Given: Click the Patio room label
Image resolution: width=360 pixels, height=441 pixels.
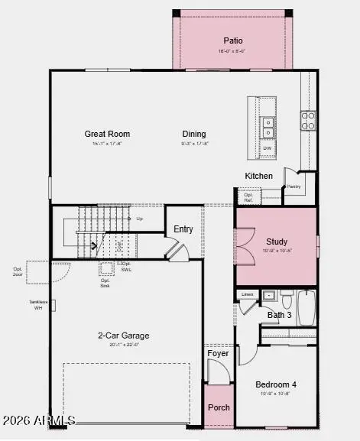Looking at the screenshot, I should pos(232,41).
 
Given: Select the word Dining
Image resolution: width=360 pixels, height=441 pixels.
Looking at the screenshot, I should pos(194,134).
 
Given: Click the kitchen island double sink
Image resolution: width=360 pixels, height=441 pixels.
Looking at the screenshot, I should pos(268,123).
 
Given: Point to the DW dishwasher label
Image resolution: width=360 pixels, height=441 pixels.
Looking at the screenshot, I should pos(268,148).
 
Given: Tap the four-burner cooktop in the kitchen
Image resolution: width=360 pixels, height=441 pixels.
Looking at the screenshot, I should pos(307,120).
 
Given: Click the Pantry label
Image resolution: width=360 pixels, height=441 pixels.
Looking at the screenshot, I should pos(293,186).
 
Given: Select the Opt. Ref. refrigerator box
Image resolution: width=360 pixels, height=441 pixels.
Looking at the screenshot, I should pos(248,196).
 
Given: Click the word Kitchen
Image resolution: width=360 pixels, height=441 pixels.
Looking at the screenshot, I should pos(258,176).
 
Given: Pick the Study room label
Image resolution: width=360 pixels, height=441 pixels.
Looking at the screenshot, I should pos(276,242).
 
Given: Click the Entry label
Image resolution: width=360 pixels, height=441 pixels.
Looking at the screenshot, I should pos(183,229).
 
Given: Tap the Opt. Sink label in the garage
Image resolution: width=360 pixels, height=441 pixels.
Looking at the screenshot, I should pos(105,280).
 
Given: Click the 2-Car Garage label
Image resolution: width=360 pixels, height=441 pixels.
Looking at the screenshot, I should pos(123,335).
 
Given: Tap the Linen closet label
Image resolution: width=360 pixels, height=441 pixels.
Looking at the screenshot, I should pos(247,293).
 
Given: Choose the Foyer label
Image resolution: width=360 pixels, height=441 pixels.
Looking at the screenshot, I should pos(218,353).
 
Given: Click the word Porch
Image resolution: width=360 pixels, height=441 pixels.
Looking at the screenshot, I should pos(219,407).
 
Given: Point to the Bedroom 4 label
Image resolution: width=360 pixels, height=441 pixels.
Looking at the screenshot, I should pos(276,384).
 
